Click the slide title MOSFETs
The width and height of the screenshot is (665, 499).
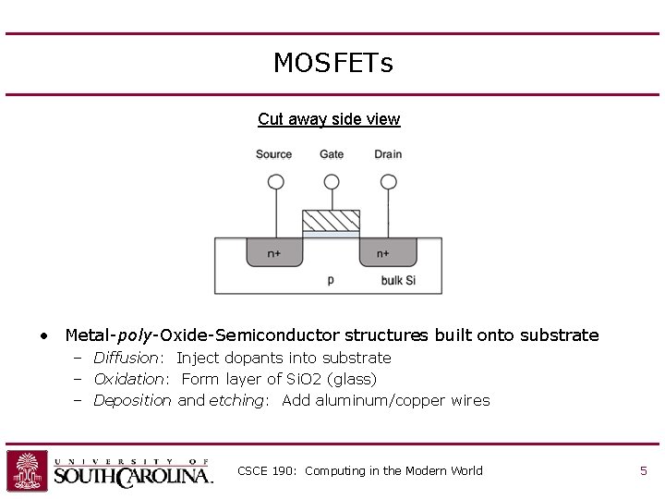point(332,63)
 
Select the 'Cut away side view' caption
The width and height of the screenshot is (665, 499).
point(329,119)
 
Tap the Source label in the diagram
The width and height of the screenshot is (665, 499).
point(273,154)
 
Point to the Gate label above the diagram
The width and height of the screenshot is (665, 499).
point(332,154)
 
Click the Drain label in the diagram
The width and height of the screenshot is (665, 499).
point(388,154)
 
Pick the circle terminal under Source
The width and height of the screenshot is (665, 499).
point(275,182)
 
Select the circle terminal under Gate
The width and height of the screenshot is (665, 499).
point(332,182)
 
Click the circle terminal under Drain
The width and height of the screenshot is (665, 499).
point(388,182)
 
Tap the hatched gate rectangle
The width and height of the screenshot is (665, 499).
point(332,221)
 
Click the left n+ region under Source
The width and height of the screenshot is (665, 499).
point(274,252)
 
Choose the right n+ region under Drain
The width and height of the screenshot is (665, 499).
point(388,252)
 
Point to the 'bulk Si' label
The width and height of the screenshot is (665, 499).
point(398,280)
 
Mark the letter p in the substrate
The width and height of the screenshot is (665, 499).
point(331,279)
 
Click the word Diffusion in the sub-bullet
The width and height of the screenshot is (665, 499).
point(127,358)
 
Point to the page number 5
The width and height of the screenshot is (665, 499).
point(643,471)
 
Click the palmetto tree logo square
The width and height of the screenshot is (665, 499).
point(28,470)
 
